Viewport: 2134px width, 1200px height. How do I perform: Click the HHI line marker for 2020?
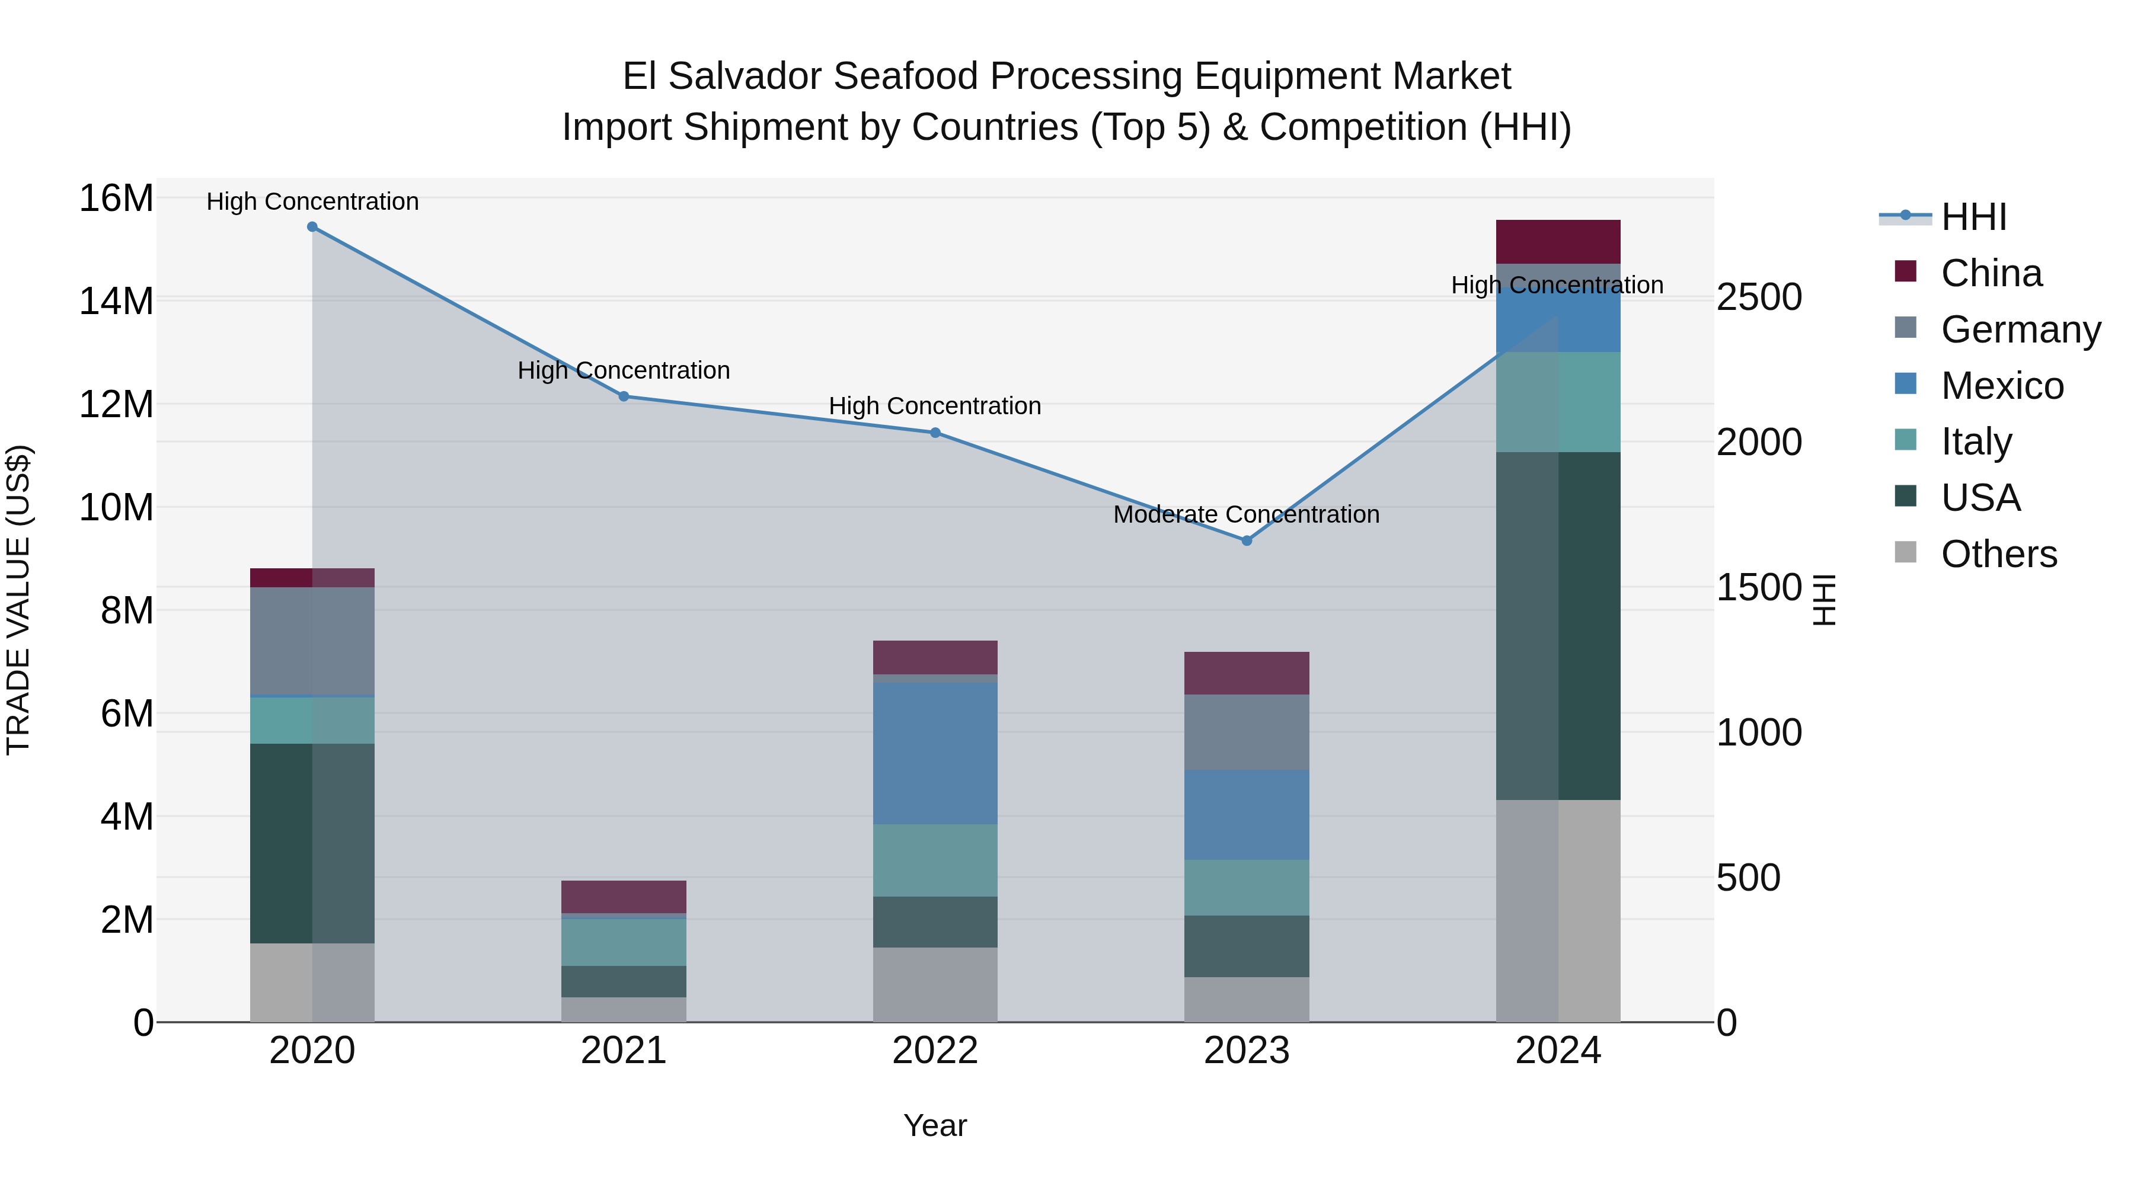(312, 227)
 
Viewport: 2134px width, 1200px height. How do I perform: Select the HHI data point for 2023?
(1247, 541)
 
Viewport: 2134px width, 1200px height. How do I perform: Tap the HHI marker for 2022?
(935, 433)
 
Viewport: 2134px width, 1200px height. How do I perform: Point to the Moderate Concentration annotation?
(1246, 514)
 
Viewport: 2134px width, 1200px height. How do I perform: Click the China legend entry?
(1991, 273)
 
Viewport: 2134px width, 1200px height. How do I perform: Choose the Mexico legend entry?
(2001, 386)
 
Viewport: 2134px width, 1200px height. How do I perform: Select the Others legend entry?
(1998, 554)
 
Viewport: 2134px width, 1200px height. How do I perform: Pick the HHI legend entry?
(1973, 217)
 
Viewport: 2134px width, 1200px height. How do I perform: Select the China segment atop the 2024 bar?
(1558, 242)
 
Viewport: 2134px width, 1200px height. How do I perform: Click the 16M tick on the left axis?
(116, 199)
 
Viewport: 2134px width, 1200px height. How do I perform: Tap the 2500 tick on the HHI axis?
(1759, 297)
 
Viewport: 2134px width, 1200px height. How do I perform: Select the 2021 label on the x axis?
(624, 1051)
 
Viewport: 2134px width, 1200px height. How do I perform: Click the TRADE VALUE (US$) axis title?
(18, 600)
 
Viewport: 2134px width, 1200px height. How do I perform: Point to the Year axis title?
(935, 1125)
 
